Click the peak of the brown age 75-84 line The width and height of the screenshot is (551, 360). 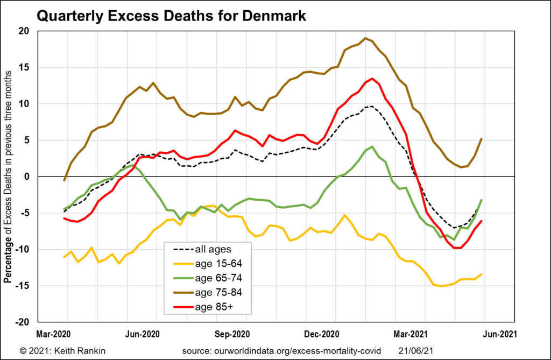point(365,38)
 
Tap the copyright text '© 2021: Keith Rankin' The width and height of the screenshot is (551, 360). point(62,351)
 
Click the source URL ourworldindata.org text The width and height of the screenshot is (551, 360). point(281,351)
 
